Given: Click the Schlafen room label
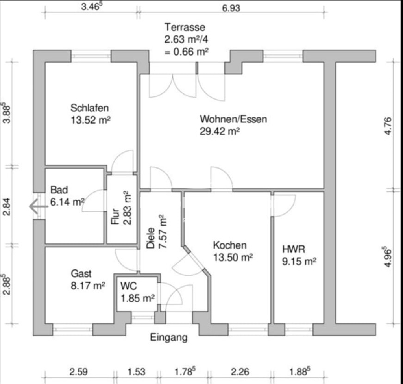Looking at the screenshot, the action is pyautogui.click(x=90, y=108).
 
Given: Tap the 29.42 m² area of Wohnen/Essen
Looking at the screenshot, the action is pyautogui.click(x=220, y=131).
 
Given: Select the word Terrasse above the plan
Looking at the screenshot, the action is pyautogui.click(x=185, y=27).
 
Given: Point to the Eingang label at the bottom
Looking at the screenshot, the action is pyautogui.click(x=169, y=337).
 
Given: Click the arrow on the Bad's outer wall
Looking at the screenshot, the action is pyautogui.click(x=39, y=206).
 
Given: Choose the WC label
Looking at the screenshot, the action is pyautogui.click(x=129, y=286).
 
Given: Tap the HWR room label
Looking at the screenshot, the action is pyautogui.click(x=294, y=249).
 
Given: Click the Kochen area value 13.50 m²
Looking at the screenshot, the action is pyautogui.click(x=233, y=257).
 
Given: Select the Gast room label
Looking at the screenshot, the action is pyautogui.click(x=81, y=273).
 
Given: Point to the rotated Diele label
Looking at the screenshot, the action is pyautogui.click(x=151, y=238).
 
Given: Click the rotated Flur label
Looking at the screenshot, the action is pyautogui.click(x=115, y=216).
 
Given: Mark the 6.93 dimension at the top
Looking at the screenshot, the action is pyautogui.click(x=231, y=8).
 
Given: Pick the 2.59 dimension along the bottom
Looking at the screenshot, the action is pyautogui.click(x=78, y=372).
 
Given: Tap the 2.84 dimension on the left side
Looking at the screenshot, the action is pyautogui.click(x=7, y=206).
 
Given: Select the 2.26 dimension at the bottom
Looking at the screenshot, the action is pyautogui.click(x=240, y=372).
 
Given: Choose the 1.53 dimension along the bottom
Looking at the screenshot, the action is pyautogui.click(x=137, y=372).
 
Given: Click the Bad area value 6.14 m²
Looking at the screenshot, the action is pyautogui.click(x=67, y=202).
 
